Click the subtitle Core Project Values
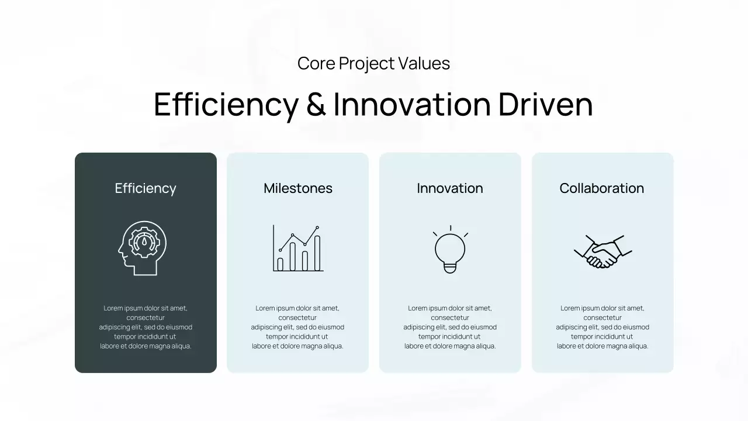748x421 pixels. pyautogui.click(x=373, y=63)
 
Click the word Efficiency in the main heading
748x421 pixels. pyautogui.click(x=226, y=105)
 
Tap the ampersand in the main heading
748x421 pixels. pyautogui.click(x=316, y=105)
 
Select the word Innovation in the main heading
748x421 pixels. pyautogui.click(x=411, y=105)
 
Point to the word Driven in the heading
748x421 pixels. pyautogui.click(x=545, y=105)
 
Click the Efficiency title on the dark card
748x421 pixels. pyautogui.click(x=146, y=188)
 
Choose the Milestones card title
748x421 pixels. pyautogui.click(x=298, y=188)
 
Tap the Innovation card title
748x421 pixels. pyautogui.click(x=450, y=188)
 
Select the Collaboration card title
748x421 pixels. pyautogui.click(x=602, y=188)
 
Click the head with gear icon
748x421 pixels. pyautogui.click(x=142, y=248)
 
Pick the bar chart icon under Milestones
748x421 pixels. pyautogui.click(x=298, y=249)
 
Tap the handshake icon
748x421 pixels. pyautogui.click(x=602, y=252)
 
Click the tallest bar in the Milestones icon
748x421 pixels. pyautogui.click(x=317, y=253)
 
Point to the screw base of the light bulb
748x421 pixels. pyautogui.click(x=450, y=268)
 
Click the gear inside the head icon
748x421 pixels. pyautogui.click(x=144, y=241)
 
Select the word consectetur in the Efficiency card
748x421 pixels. pyautogui.click(x=146, y=318)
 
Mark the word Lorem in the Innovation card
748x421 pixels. pyautogui.click(x=417, y=308)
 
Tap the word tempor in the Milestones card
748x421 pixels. pyautogui.click(x=277, y=337)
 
